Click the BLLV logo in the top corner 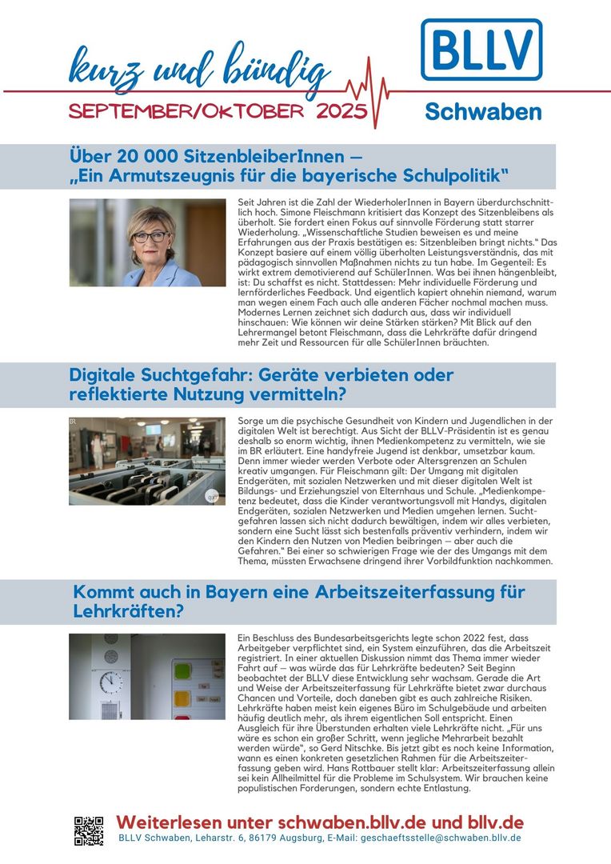[481, 50]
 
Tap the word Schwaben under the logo [482, 112]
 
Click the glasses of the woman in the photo [150, 236]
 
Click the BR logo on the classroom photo [74, 422]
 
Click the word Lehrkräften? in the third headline [129, 613]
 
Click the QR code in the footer [89, 830]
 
